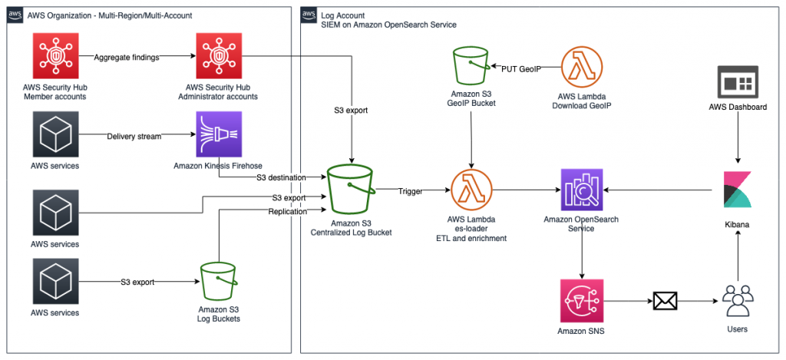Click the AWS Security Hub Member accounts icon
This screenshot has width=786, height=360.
[x=54, y=57]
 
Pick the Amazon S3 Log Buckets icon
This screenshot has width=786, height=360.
[x=219, y=282]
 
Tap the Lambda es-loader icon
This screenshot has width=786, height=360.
[x=471, y=190]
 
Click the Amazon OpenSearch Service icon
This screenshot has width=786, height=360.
[x=581, y=190]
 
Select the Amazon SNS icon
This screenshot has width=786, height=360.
[x=581, y=300]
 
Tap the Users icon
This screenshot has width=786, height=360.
[x=738, y=300]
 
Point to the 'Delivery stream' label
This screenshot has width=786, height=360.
[x=134, y=137]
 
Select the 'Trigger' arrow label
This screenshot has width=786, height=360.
[x=411, y=191]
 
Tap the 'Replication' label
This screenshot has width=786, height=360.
[x=288, y=210]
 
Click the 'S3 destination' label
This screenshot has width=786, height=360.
[x=280, y=177]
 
